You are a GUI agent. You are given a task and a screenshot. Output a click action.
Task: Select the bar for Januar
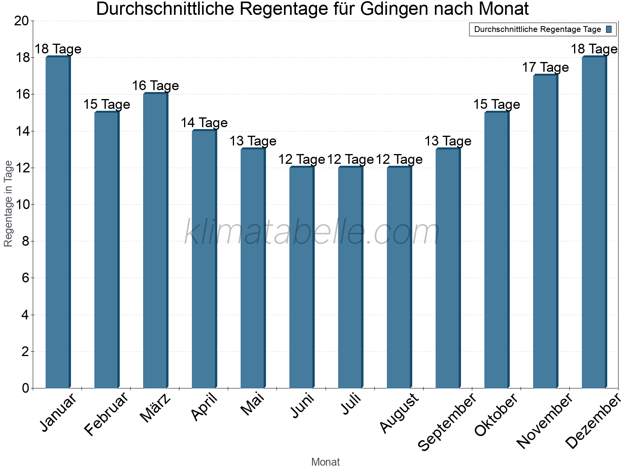point(58,222)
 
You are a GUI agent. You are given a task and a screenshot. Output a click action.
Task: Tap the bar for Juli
point(350,277)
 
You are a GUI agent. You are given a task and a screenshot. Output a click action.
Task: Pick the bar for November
point(545,232)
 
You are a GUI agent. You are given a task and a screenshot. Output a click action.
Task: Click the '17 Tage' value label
point(545,67)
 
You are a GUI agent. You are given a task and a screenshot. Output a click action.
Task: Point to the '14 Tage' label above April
point(204,123)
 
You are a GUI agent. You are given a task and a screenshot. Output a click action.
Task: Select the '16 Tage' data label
point(155,86)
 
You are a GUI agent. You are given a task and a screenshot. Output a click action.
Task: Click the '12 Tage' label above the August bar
point(399,160)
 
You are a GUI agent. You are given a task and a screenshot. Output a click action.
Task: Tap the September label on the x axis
point(447,422)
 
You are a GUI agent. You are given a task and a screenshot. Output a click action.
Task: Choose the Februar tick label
point(106,414)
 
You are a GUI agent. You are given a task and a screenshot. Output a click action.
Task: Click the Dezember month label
point(593,421)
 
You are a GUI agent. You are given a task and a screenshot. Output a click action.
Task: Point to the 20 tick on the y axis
point(21,21)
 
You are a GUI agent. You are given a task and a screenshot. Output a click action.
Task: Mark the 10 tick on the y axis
point(21,205)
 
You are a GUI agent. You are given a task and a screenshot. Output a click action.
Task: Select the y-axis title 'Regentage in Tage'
point(8,204)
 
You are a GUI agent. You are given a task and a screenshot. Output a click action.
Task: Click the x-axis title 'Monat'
point(326,462)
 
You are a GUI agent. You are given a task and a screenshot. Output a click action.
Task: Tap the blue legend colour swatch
point(609,29)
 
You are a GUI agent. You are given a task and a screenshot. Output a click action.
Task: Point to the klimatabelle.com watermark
point(312,232)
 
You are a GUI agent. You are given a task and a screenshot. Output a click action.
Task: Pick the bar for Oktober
point(496,250)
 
